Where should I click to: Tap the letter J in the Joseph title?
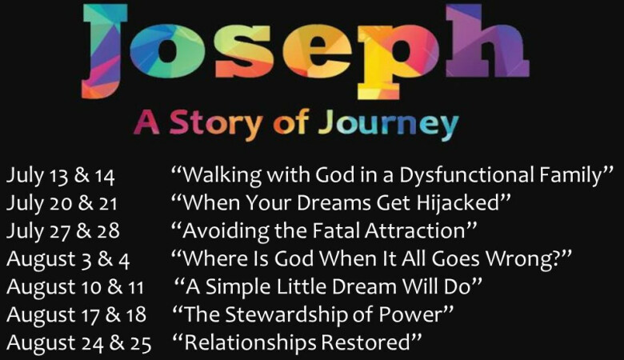(104, 52)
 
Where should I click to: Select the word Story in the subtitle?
(217, 123)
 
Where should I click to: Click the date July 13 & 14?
(61, 176)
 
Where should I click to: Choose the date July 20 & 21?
(62, 204)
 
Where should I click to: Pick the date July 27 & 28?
(63, 231)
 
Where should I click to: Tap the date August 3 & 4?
(68, 260)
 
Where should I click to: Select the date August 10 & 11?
(75, 288)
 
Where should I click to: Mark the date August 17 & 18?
(77, 315)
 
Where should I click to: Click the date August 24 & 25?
(78, 344)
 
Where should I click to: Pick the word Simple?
(238, 288)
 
